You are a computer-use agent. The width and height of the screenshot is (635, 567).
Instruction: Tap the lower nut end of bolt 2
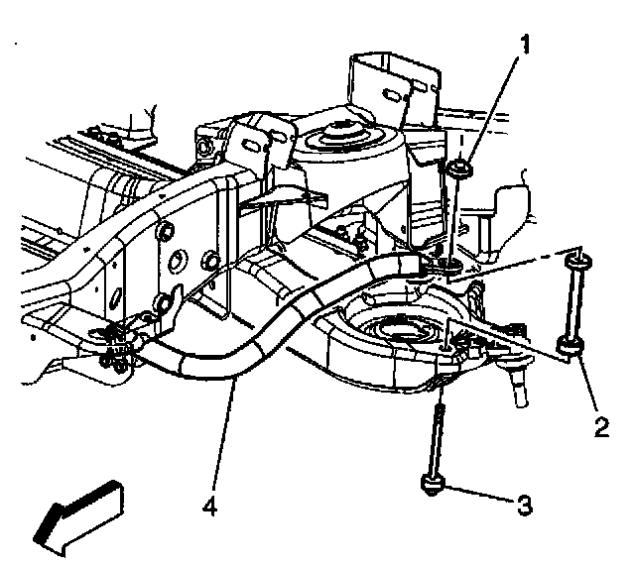570,347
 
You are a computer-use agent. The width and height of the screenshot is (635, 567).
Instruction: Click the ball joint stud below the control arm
517,385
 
